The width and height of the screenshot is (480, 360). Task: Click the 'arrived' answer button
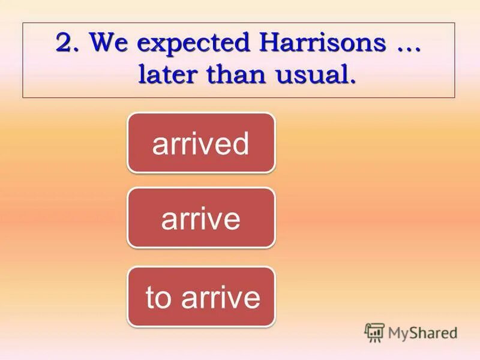[x=201, y=143]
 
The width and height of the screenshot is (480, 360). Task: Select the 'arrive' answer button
[x=201, y=217]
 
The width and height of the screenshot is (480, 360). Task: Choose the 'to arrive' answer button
[x=201, y=297]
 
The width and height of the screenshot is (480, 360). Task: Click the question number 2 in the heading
[x=65, y=44]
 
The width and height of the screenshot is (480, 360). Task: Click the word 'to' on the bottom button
[x=158, y=298]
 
